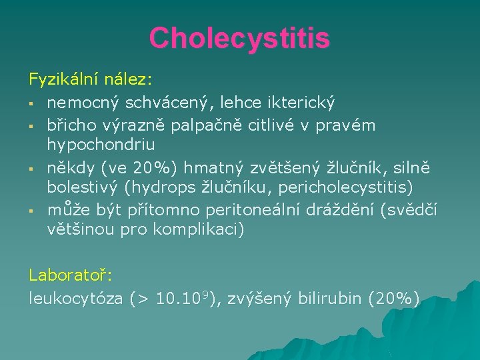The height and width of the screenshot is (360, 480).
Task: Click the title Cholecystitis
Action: (x=239, y=38)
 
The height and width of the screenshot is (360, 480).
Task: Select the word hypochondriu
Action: (x=101, y=145)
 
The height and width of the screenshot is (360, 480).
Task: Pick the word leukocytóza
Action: (x=75, y=299)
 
